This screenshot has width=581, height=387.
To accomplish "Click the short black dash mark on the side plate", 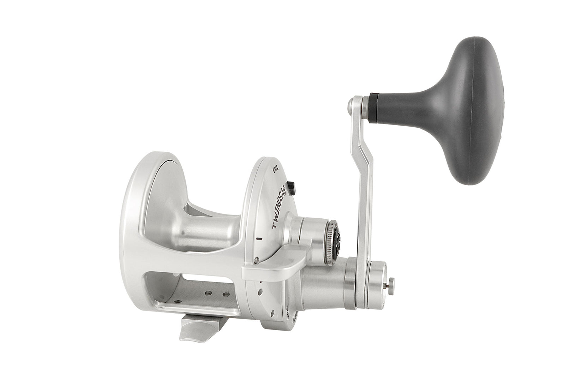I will coord(260,238).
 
